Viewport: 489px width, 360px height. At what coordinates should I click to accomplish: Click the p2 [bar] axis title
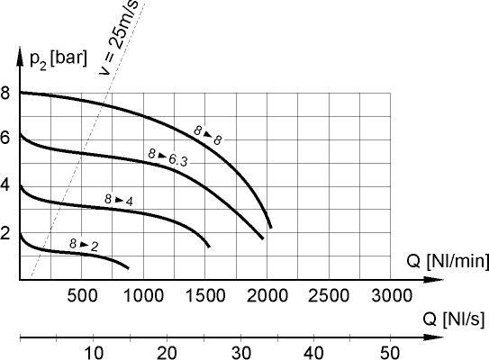click(x=56, y=59)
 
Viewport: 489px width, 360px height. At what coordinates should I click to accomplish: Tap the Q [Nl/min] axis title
click(x=447, y=263)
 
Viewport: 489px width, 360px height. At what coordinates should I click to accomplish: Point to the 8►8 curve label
click(x=208, y=134)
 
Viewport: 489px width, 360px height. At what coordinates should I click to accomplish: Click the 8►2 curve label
click(x=83, y=244)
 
